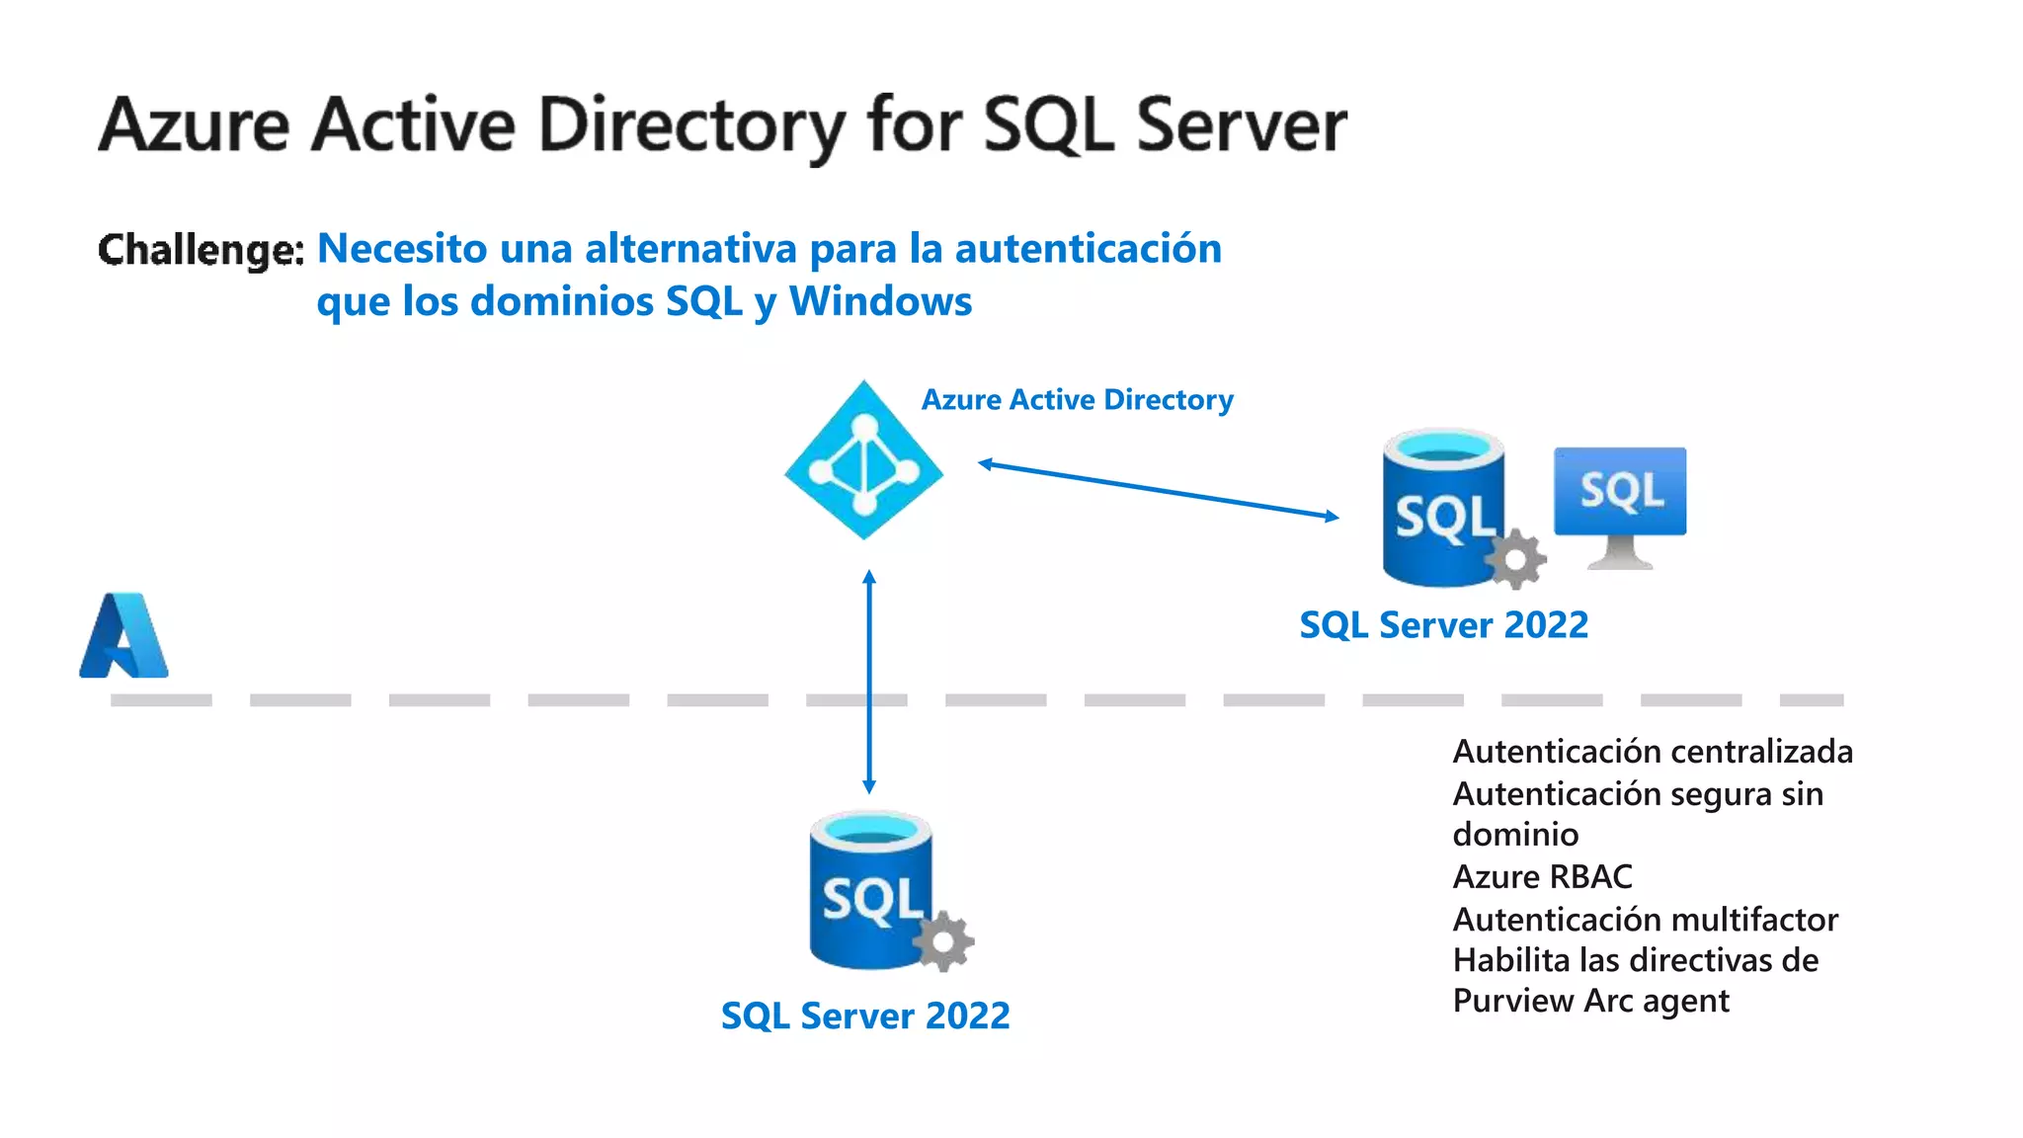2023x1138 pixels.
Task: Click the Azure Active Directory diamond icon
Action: [x=863, y=461]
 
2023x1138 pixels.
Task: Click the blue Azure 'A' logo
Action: [x=123, y=636]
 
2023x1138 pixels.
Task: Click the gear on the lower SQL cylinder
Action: [x=943, y=940]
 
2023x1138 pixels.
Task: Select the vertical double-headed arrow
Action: [x=869, y=682]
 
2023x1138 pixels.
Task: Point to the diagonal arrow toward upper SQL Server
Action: [x=1158, y=490]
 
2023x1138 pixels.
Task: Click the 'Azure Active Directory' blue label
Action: [x=1077, y=400]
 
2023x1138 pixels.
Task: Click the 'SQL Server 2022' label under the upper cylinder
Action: [x=1443, y=625]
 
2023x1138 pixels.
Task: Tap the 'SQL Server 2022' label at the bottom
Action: [x=865, y=1016]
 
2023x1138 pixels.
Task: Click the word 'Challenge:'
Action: [x=201, y=249]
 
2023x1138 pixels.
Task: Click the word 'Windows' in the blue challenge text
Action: [x=880, y=301]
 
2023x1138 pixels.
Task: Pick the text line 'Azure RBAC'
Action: [x=1542, y=877]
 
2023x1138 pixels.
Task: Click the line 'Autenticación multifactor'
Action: [x=1645, y=920]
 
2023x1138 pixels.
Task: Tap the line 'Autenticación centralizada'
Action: [x=1652, y=752]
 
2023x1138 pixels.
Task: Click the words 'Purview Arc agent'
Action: [x=1590, y=1001]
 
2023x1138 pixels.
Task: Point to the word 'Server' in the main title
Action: [x=1241, y=126]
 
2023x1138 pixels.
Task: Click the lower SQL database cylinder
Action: [x=864, y=889]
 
